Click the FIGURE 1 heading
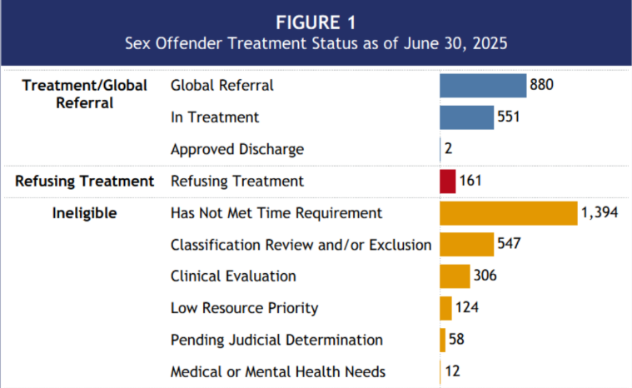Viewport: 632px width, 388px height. [316, 20]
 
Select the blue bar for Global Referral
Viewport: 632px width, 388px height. [483, 86]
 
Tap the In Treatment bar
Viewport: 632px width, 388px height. [466, 117]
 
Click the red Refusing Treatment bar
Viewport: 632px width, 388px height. [448, 181]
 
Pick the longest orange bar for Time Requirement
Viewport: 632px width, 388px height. [508, 213]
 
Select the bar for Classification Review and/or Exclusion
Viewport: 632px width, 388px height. [466, 245]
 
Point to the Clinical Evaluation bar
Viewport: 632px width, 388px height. [455, 276]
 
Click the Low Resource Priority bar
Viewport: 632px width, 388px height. [445, 308]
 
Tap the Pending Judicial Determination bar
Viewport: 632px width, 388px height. [443, 340]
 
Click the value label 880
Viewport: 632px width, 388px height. [541, 86]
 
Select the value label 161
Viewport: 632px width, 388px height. [470, 181]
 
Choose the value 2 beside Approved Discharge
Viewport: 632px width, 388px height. [448, 150]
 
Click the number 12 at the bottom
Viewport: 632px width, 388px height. [452, 371]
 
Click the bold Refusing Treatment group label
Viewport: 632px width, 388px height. [84, 181]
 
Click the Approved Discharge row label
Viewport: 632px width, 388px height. [236, 150]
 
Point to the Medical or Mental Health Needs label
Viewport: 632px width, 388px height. [278, 371]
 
